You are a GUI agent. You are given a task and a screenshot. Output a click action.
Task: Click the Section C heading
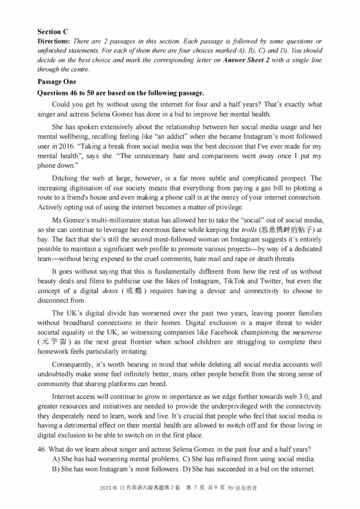(x=53, y=31)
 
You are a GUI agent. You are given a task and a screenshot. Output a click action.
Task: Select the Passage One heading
(x=57, y=82)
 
